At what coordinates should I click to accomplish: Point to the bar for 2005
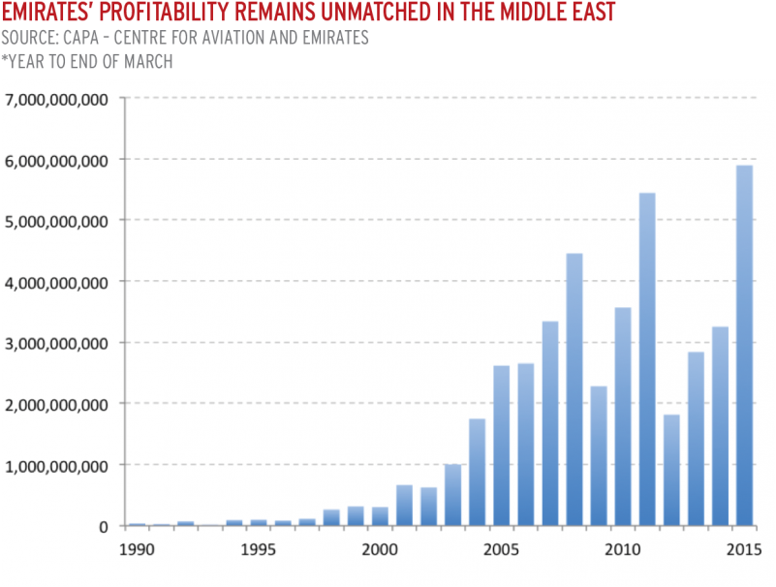point(501,446)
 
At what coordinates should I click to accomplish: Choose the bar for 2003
point(452,495)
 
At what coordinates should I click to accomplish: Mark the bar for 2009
point(599,456)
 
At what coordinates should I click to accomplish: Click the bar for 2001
point(404,505)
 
